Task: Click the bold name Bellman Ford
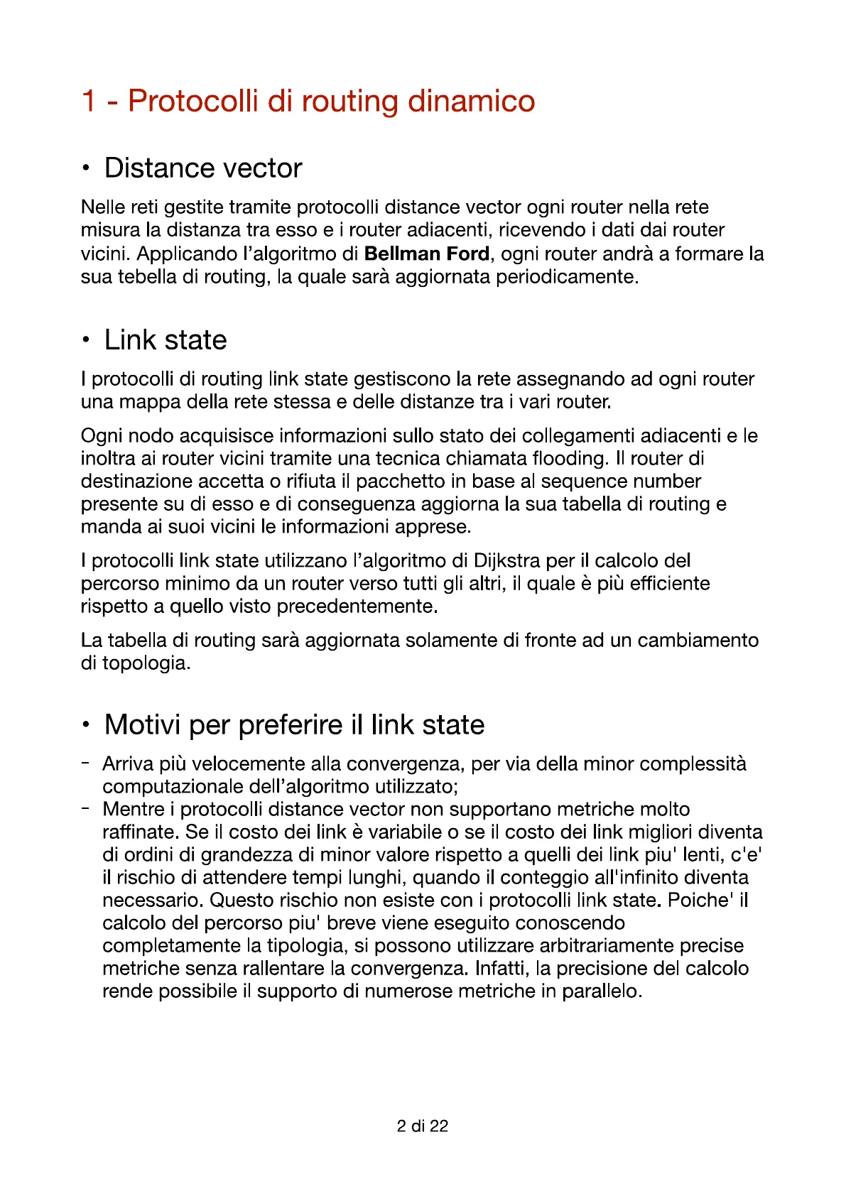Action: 426,254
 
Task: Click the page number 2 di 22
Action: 423,1126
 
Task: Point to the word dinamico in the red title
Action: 471,101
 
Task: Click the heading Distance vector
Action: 203,168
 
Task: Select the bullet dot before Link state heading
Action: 86,340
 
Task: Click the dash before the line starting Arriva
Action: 85,763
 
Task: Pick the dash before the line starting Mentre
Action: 85,809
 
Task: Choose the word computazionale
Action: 173,787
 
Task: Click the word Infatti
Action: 502,969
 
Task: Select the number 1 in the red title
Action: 89,101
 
